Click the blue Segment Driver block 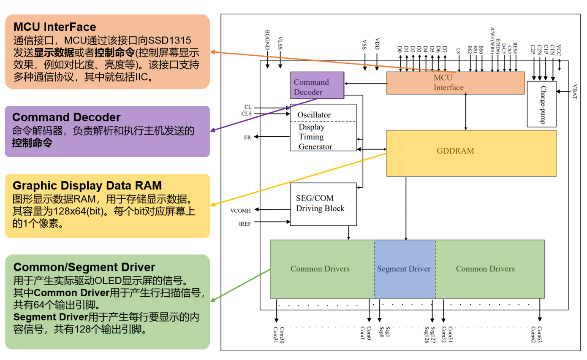(x=404, y=269)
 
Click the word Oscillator (x=314, y=115)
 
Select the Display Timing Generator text (x=315, y=137)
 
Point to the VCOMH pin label (x=241, y=210)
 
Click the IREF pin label (x=245, y=224)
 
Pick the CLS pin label (x=246, y=114)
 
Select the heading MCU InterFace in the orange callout (x=55, y=27)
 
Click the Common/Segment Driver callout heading (x=84, y=267)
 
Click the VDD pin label (x=378, y=45)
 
